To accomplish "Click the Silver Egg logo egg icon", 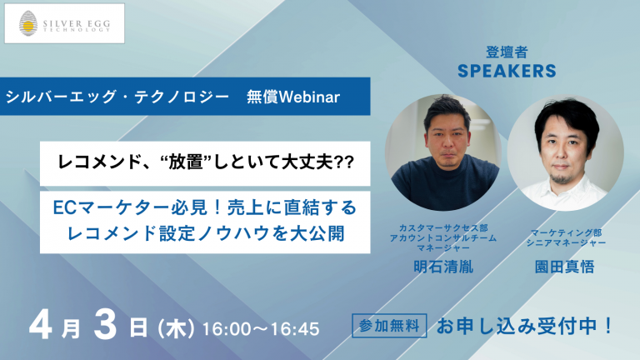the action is tap(28, 23).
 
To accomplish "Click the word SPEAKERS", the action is tap(507, 71).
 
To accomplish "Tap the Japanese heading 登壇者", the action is tap(507, 52).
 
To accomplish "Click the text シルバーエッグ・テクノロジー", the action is tap(117, 97).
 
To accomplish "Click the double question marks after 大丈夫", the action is tap(344, 162).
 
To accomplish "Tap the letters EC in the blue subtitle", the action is tap(64, 208).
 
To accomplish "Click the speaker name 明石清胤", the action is tap(443, 267).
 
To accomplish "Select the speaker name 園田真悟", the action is tap(564, 267).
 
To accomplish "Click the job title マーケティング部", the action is tap(566, 232).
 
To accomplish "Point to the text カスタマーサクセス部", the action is tap(443, 227).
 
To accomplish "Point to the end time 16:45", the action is tap(295, 329).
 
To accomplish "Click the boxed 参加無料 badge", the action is tap(389, 325).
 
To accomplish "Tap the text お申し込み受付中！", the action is tap(525, 326).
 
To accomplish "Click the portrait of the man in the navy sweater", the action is tap(443, 152).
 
